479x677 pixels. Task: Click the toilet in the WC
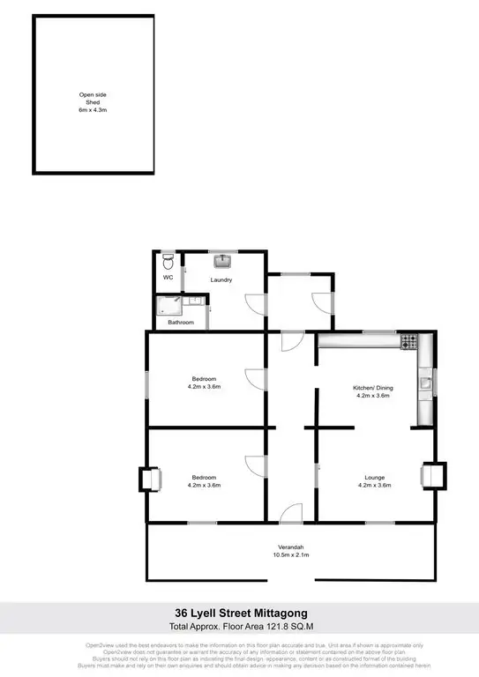tap(168, 262)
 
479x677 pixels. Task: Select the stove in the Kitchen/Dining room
tap(408, 340)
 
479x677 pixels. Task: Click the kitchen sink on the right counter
tap(425, 382)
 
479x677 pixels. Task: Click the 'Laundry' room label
tap(221, 280)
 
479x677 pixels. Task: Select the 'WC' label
tap(168, 278)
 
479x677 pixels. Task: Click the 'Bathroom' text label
tap(181, 323)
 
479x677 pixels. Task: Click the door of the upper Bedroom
tap(255, 379)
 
